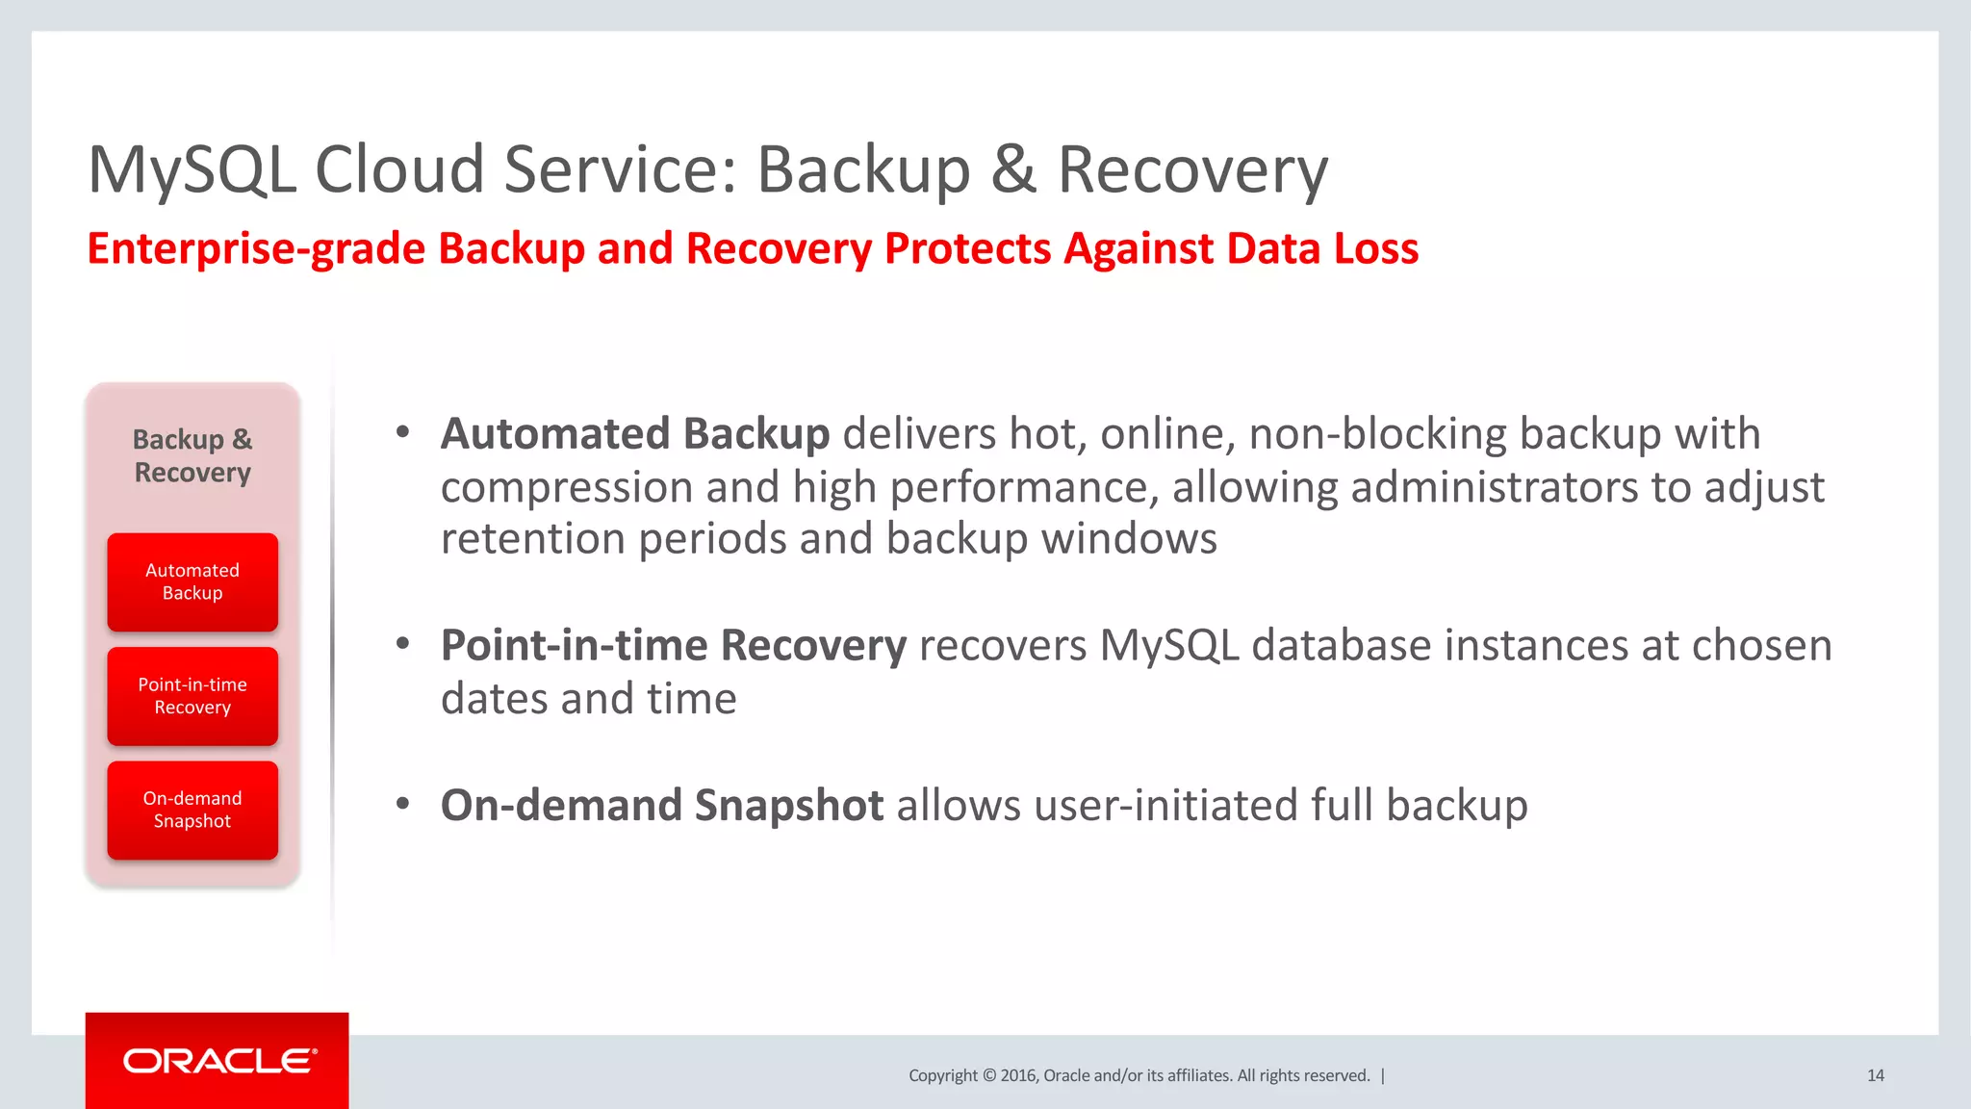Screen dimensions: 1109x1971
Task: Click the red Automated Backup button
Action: (192, 582)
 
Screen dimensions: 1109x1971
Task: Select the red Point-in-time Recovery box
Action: (192, 696)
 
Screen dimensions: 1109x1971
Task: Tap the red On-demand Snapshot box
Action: (192, 810)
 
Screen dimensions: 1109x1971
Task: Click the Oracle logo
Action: (219, 1061)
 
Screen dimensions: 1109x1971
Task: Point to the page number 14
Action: (1875, 1075)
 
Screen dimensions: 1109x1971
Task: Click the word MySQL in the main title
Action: (192, 170)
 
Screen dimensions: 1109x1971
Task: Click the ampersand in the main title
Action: (1013, 170)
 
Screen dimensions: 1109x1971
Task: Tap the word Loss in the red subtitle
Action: (1375, 248)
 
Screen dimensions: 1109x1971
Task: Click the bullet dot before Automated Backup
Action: (403, 432)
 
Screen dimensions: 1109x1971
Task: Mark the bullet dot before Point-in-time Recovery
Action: (403, 644)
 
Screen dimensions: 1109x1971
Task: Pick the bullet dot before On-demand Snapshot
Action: (403, 804)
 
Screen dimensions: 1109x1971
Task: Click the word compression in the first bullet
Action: (566, 488)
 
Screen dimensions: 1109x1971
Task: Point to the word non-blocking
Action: (1377, 434)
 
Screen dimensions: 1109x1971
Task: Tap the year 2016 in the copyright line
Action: (1017, 1075)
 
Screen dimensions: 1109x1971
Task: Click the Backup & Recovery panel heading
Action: (192, 455)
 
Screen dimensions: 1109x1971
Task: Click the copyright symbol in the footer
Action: (988, 1075)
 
